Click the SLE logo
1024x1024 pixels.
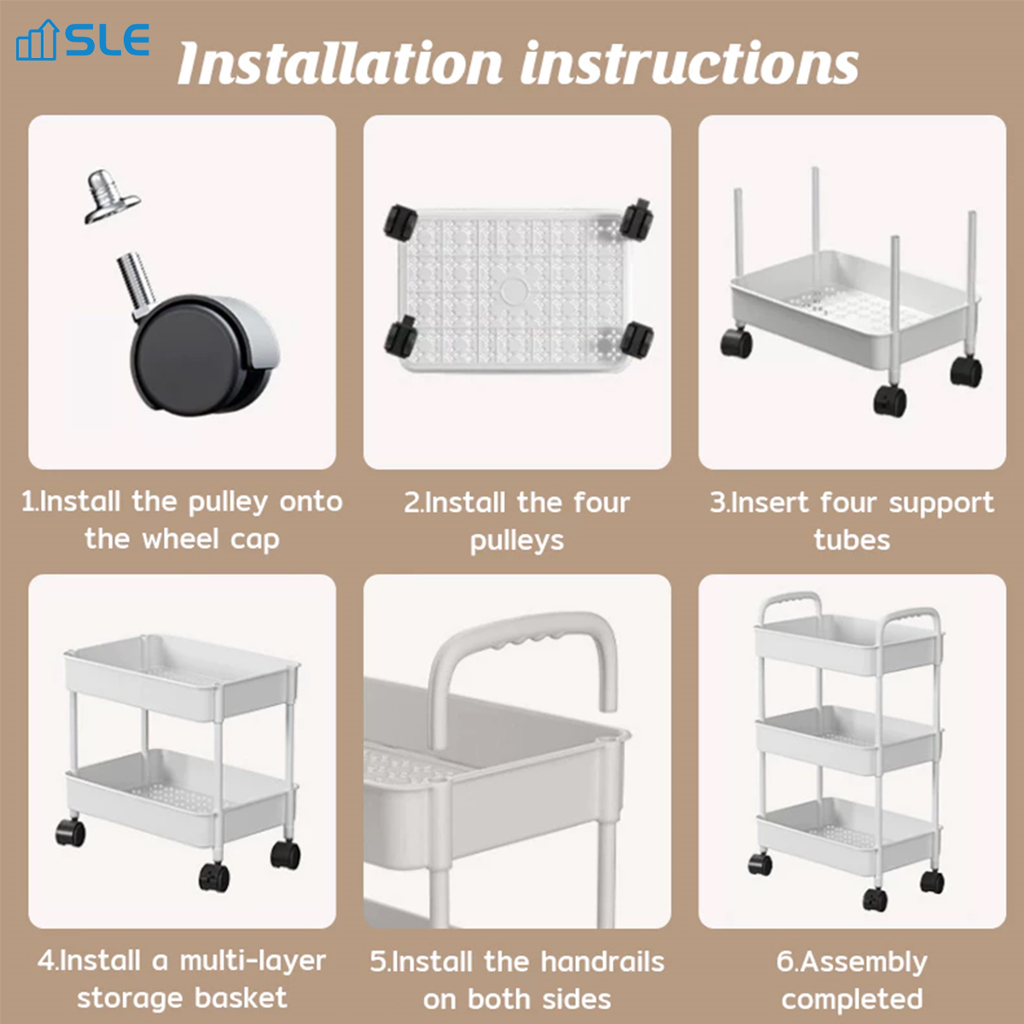click(x=83, y=40)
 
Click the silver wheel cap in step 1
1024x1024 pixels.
click(x=110, y=196)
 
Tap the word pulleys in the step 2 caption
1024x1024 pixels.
click(x=517, y=540)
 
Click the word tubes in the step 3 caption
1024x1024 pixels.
click(x=852, y=540)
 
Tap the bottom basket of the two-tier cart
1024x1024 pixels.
click(x=179, y=798)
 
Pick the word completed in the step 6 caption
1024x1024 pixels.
click(x=852, y=998)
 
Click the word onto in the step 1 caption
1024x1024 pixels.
click(x=311, y=502)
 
